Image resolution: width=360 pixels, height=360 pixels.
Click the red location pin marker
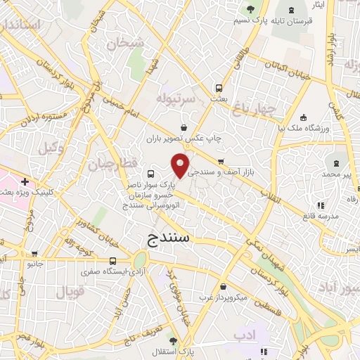tap(181, 165)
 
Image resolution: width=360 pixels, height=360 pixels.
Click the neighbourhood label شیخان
tap(125, 44)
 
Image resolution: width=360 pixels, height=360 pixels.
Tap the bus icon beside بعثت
tap(219, 89)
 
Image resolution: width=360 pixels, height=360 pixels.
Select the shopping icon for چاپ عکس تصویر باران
tap(184, 128)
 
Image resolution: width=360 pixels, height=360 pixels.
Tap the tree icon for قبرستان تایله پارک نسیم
tap(250, 9)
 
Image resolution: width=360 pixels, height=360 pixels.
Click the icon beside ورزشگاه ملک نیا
tap(302, 118)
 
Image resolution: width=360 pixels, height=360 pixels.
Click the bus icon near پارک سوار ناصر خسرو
tap(151, 174)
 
